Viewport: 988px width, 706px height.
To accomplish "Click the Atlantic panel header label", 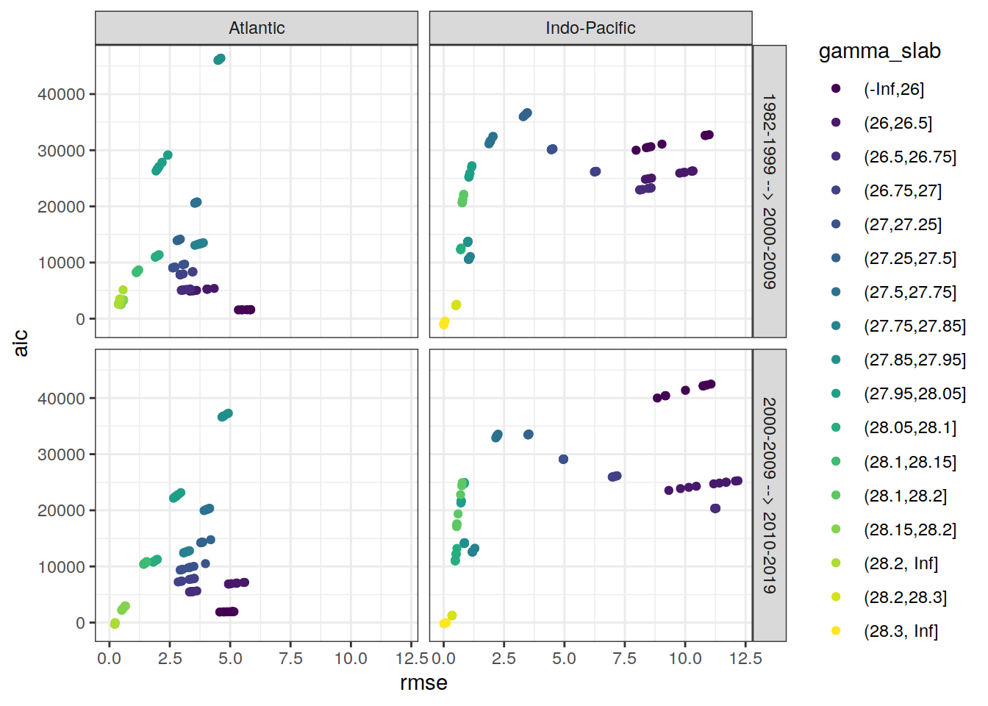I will point(257,28).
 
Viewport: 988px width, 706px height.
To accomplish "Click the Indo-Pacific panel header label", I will point(590,28).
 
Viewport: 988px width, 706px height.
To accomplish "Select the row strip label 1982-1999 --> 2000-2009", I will point(769,191).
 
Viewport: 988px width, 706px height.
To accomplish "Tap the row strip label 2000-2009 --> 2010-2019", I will point(769,495).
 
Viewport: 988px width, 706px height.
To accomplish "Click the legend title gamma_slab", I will point(879,51).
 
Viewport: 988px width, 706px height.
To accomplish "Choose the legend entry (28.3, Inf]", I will point(901,631).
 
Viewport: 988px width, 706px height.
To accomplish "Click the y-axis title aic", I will point(21,343).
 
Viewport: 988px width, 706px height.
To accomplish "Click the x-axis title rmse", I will point(423,683).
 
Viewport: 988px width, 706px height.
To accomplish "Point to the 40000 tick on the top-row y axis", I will point(61,94).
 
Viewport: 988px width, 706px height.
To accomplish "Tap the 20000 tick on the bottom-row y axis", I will point(61,510).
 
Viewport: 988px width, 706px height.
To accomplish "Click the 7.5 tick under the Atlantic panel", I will point(290,658).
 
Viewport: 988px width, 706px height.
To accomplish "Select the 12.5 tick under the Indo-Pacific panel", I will point(745,658).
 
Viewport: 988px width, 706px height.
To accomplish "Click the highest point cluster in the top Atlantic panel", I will point(219,60).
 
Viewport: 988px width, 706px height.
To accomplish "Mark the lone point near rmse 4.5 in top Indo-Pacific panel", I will point(552,149).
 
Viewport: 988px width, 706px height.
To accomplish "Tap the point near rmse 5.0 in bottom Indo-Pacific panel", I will point(563,460).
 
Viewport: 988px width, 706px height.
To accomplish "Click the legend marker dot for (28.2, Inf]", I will point(836,563).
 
